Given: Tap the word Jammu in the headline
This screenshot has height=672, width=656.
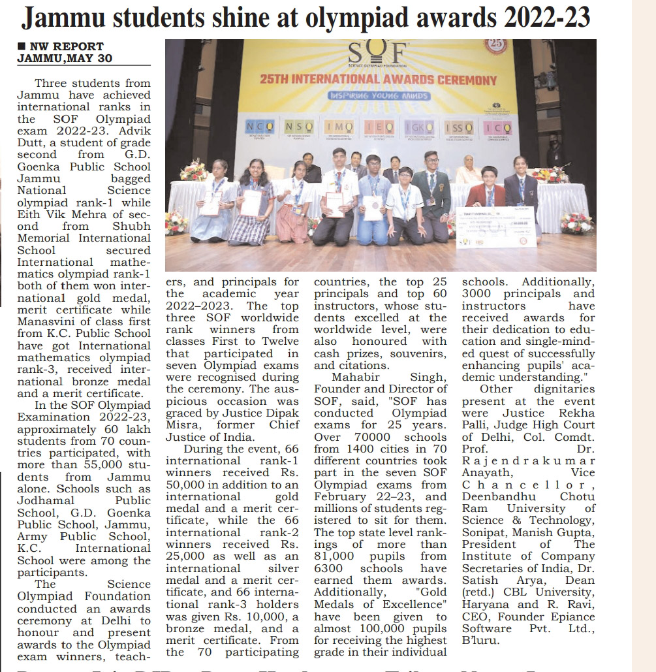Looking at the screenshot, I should click(x=62, y=17).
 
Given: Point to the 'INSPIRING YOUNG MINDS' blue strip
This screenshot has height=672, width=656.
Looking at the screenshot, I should click(x=378, y=95).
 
